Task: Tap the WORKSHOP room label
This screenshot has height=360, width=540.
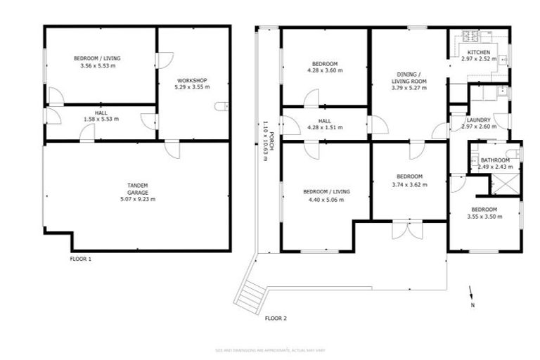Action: click(192, 80)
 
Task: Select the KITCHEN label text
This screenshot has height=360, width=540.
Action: click(479, 53)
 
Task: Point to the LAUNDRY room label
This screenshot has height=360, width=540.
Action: click(478, 120)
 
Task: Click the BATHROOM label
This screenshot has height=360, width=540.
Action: click(500, 160)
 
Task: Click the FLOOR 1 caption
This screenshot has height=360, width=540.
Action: click(80, 259)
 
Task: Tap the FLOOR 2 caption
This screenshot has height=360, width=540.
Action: click(276, 319)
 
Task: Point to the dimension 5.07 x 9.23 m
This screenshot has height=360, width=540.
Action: click(137, 199)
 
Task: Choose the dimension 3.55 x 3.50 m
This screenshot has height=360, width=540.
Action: click(484, 217)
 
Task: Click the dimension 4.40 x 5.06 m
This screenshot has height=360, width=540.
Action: click(326, 199)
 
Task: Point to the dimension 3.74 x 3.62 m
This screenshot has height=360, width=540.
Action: click(409, 185)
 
